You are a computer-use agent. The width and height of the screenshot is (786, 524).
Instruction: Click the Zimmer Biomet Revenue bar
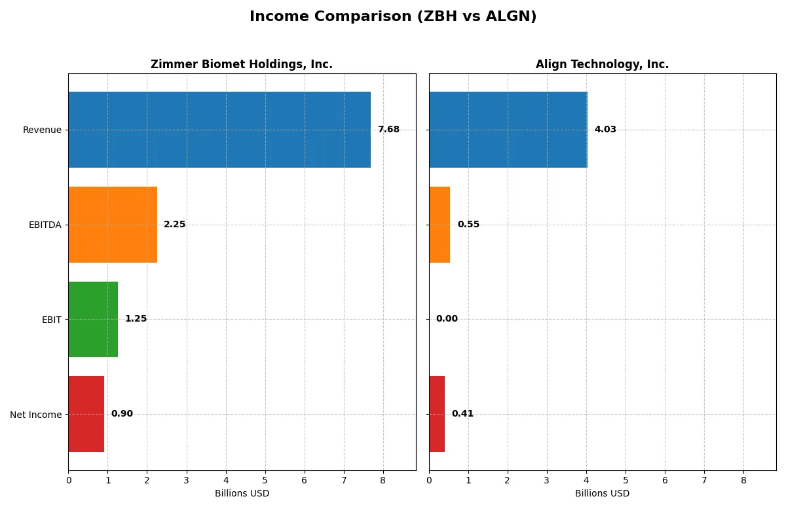coord(219,130)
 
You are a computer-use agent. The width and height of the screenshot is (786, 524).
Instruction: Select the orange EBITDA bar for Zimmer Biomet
coord(113,225)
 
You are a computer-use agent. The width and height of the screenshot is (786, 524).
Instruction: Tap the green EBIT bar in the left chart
coord(93,319)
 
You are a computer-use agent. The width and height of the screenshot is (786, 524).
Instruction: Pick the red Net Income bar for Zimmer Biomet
coord(86,414)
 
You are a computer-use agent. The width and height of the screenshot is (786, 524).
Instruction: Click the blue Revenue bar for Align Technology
coord(508,130)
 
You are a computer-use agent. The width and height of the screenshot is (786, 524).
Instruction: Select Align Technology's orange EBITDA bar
coord(440,225)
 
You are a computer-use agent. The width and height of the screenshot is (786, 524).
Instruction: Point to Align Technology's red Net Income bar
coord(437,414)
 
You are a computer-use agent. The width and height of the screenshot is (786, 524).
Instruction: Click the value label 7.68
coord(388,130)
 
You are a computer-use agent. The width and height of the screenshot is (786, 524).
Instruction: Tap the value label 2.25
coord(174,225)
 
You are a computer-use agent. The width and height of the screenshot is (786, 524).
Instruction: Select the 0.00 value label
coord(447,319)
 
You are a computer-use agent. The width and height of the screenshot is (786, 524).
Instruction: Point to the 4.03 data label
coord(605,130)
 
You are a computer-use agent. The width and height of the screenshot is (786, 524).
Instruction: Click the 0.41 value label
coord(462,414)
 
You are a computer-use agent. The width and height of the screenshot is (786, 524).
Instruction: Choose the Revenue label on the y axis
coord(42,130)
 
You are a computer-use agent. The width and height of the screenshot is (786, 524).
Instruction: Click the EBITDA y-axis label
coord(45,225)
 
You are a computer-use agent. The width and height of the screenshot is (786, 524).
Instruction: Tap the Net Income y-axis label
coord(36,414)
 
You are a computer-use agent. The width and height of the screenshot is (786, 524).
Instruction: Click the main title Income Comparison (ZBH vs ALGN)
coord(393,17)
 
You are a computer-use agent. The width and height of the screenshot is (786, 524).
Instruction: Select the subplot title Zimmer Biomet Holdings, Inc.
coord(242,64)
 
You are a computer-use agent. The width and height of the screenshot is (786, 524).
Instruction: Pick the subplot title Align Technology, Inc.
coord(602,64)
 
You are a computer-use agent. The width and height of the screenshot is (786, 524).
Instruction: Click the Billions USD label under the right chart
coord(602,493)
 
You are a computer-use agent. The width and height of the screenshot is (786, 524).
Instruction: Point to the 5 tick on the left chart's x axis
coord(265,480)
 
